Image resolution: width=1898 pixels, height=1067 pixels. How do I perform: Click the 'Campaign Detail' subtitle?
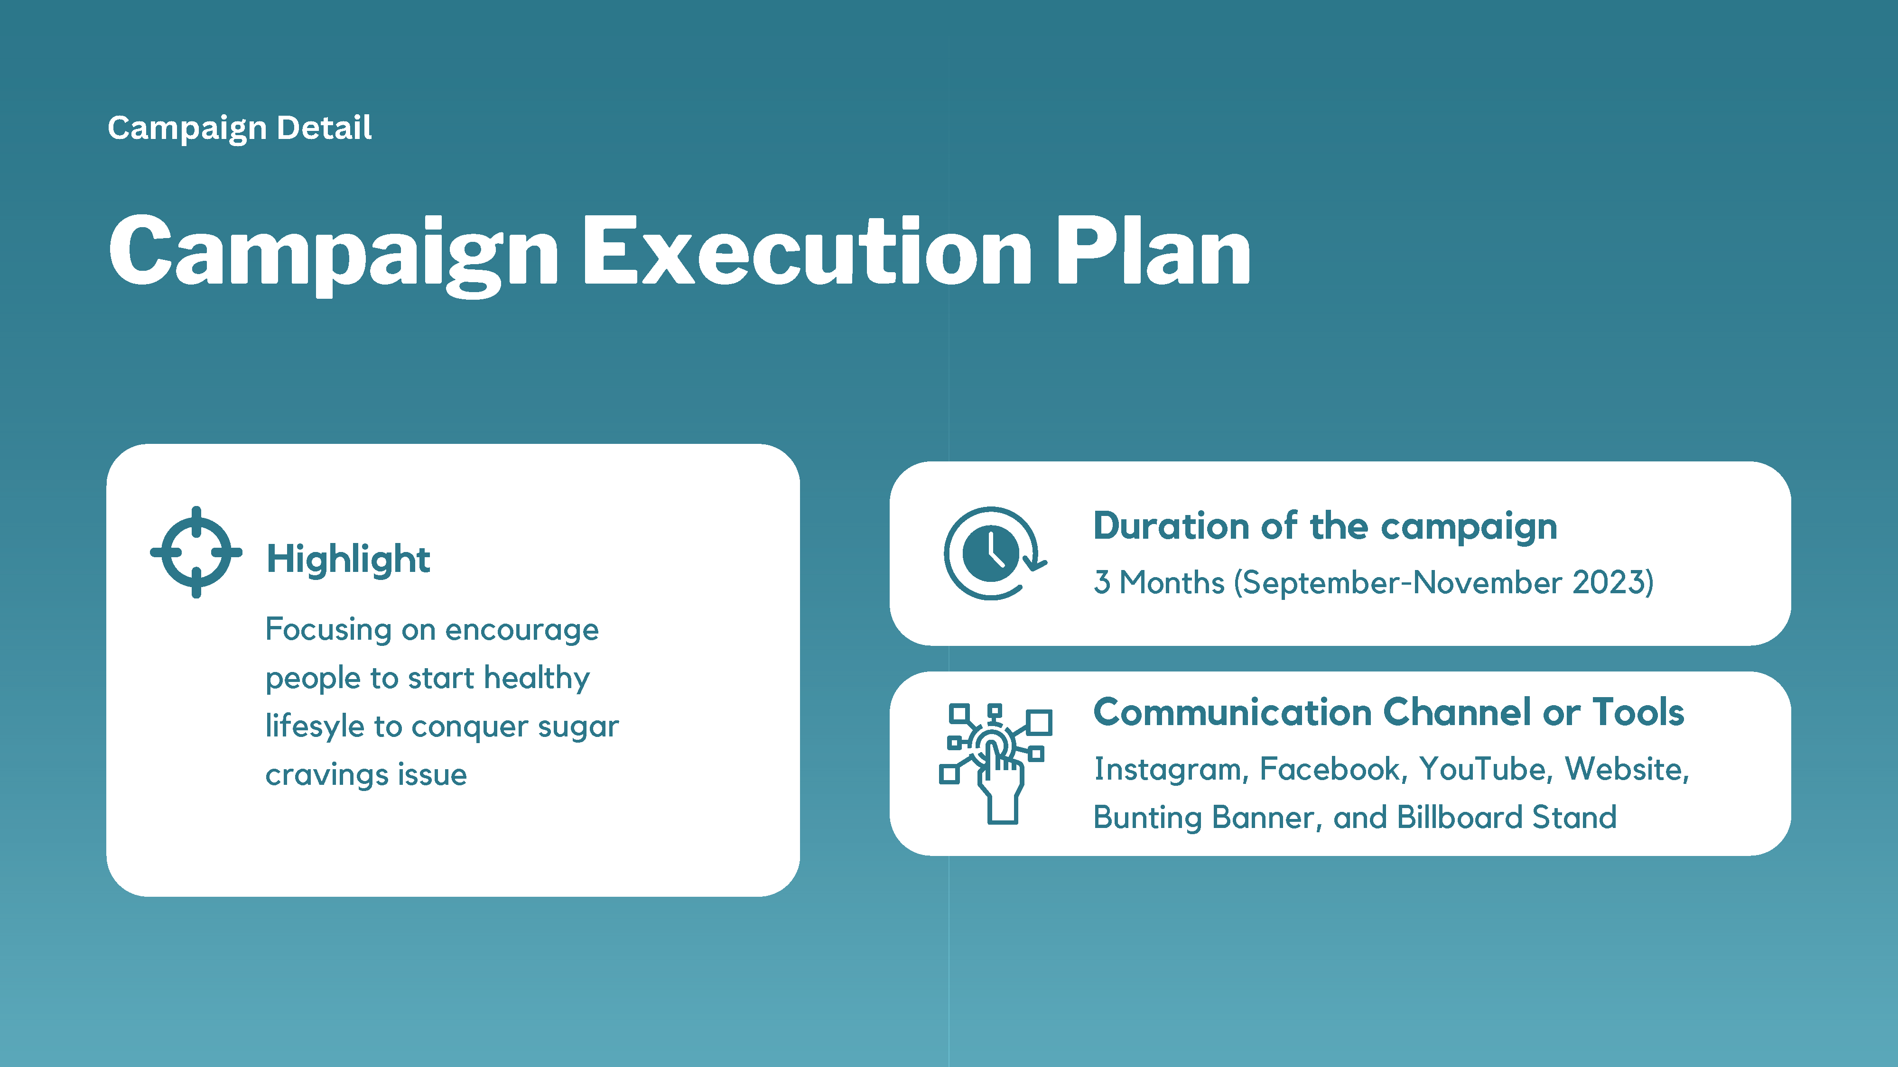(240, 128)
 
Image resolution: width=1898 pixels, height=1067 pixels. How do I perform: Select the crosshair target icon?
(196, 552)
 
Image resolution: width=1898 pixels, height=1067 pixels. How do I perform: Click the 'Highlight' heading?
(348, 559)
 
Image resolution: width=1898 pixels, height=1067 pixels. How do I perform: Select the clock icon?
(995, 553)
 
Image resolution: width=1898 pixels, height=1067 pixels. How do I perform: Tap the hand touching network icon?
(996, 763)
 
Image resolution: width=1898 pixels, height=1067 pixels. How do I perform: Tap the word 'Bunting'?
(1148, 818)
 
